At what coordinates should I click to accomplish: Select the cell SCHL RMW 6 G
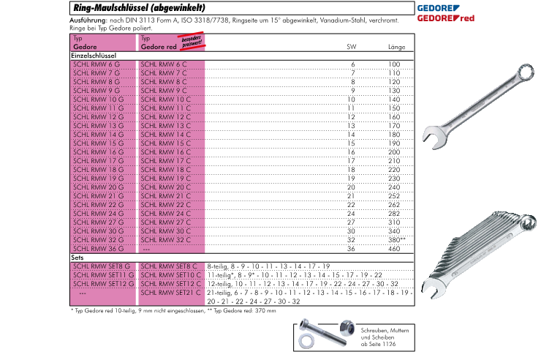pyautogui.click(x=97, y=65)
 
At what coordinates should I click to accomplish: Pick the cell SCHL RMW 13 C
pyautogui.click(x=164, y=126)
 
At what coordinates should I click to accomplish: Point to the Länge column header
pyautogui.click(x=398, y=47)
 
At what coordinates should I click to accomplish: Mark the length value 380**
pyautogui.click(x=397, y=239)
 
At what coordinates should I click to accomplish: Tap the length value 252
pyautogui.click(x=395, y=195)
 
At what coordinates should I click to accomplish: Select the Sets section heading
pyautogui.click(x=77, y=257)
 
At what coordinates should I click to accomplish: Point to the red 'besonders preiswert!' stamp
pyautogui.click(x=189, y=40)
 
